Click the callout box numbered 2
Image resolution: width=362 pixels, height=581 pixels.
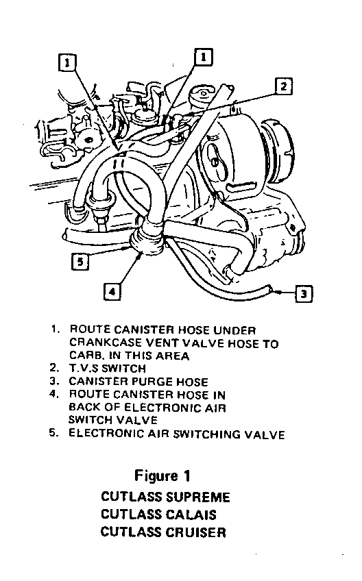[284, 87]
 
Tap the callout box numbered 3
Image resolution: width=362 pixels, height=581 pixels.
[304, 294]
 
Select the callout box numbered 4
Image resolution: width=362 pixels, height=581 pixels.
[112, 292]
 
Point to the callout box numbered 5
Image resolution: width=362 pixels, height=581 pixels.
[80, 262]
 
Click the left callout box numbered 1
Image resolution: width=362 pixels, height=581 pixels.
[67, 62]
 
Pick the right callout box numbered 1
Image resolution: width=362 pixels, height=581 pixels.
[203, 57]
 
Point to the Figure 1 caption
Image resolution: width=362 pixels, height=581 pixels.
[162, 475]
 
